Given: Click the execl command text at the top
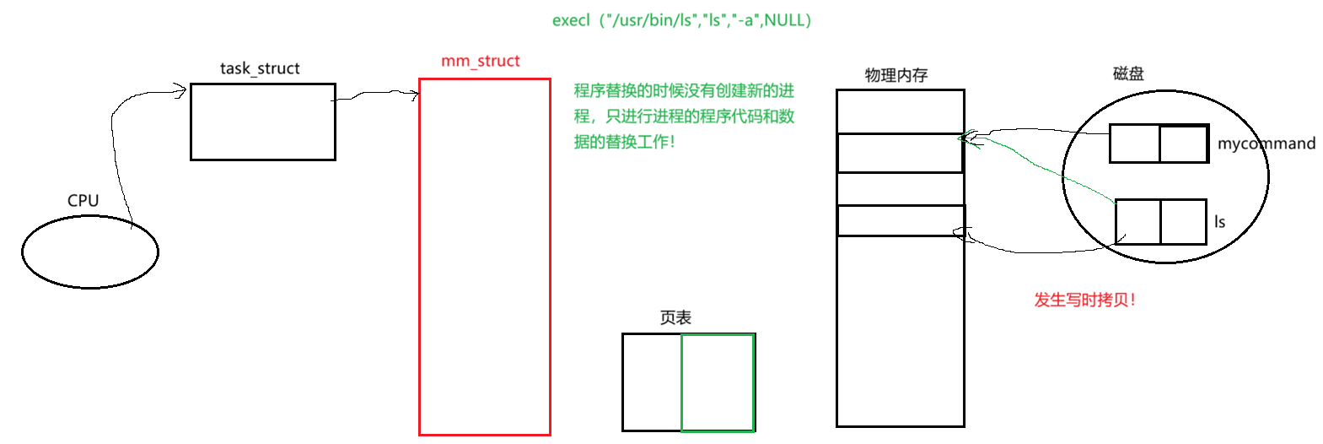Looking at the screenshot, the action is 681,20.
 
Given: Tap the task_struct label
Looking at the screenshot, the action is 260,68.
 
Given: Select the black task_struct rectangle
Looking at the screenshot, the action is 262,122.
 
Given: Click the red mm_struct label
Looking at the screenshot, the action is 481,61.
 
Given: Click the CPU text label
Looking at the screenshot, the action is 83,200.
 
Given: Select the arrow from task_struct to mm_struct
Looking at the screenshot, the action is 376,95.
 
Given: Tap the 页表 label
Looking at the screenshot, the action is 675,317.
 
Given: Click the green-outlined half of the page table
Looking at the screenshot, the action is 718,382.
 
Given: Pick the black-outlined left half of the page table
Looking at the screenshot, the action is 652,382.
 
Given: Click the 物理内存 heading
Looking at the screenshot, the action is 896,75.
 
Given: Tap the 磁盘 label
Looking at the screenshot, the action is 1128,74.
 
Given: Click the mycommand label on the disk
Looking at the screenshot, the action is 1266,143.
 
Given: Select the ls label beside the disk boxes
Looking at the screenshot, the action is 1219,222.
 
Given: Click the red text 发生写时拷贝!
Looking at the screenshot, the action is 1084,300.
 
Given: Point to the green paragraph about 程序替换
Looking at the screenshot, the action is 684,116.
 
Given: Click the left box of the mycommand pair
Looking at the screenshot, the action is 1134,143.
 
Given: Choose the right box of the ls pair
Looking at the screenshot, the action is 1183,222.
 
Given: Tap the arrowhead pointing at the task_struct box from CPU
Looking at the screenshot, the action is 180,91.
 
